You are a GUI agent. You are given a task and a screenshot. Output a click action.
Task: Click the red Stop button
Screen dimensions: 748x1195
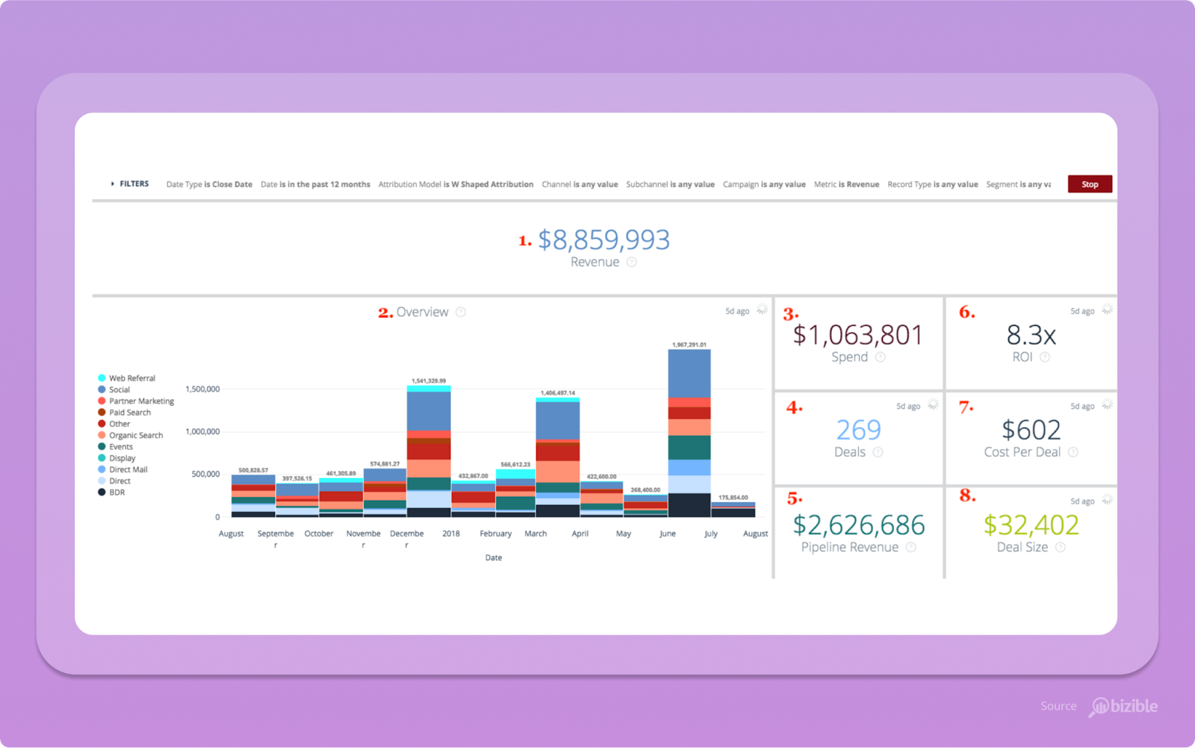click(1090, 184)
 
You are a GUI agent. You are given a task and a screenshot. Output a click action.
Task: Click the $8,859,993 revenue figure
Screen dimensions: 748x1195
click(603, 240)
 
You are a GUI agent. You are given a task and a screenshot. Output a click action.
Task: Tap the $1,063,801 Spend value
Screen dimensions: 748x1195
click(857, 336)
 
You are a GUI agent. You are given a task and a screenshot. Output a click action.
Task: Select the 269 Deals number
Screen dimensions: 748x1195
click(858, 430)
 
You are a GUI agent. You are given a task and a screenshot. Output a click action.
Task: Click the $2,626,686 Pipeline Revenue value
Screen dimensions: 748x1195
click(858, 525)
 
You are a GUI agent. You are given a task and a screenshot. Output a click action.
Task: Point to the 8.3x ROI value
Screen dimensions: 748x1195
click(1031, 336)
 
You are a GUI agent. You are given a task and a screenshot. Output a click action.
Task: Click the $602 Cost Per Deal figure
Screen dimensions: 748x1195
click(1031, 430)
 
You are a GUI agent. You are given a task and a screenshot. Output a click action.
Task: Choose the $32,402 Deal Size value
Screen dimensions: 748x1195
click(1031, 525)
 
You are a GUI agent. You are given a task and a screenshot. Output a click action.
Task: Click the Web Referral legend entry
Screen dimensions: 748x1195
click(131, 378)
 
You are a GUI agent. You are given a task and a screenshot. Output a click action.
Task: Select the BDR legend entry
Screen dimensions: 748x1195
click(117, 492)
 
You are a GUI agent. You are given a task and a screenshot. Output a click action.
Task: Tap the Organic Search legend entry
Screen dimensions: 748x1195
click(135, 435)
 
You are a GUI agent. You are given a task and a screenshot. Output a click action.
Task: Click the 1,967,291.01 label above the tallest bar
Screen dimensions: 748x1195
click(689, 344)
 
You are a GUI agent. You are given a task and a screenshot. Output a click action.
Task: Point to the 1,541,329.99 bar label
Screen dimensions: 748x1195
click(429, 380)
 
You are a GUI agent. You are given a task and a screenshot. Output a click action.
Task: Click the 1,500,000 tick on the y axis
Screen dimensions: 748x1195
click(202, 389)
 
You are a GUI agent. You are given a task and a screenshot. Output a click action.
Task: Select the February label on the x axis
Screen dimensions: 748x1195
click(495, 534)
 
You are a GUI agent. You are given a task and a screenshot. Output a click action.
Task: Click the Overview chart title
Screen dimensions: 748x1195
click(422, 312)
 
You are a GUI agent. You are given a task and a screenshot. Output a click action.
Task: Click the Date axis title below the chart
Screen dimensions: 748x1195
click(494, 557)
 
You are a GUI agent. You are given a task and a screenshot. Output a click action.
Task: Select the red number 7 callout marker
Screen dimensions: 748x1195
click(966, 407)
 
